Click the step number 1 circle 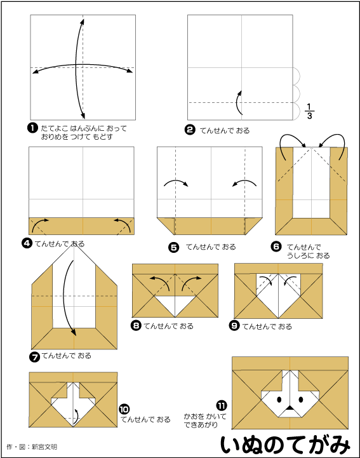tap(32, 128)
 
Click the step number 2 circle tap(190, 130)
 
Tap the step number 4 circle tap(27, 243)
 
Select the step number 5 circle tap(174, 247)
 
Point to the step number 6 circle tap(276, 247)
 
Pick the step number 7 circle tap(34, 356)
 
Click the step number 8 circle tap(136, 325)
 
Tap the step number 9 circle tap(234, 325)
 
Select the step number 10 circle tap(124, 409)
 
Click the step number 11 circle tap(222, 405)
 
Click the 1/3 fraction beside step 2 tap(309, 111)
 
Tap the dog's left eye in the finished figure tap(279, 399)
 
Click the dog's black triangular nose tap(290, 407)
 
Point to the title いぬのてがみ tap(285, 445)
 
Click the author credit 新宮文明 tap(44, 447)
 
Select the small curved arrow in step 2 tap(237, 102)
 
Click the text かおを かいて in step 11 tap(205, 416)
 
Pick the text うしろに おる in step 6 tap(309, 255)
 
